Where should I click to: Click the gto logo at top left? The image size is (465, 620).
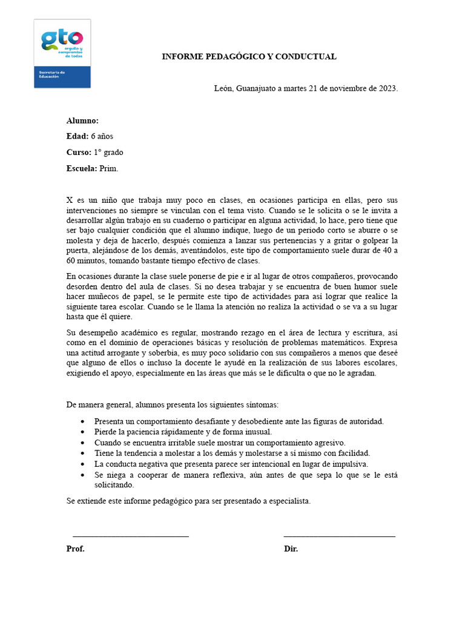[x=62, y=53]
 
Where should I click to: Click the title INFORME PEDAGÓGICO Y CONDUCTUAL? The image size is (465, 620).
[x=249, y=57]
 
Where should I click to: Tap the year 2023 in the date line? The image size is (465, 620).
[x=386, y=88]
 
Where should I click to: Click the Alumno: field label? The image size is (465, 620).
[x=82, y=120]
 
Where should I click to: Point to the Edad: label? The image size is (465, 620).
[x=77, y=136]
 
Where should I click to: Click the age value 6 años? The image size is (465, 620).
[x=102, y=136]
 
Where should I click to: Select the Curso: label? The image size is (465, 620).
[x=79, y=152]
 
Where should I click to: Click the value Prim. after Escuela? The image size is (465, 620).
[x=109, y=168]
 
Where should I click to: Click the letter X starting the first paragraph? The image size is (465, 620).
[x=70, y=200]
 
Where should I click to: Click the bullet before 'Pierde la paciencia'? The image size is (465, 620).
[x=82, y=432]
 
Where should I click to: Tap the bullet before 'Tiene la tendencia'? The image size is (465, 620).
[x=82, y=453]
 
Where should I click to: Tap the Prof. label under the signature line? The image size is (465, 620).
[x=76, y=549]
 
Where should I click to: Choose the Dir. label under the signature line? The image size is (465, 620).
[x=291, y=549]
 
